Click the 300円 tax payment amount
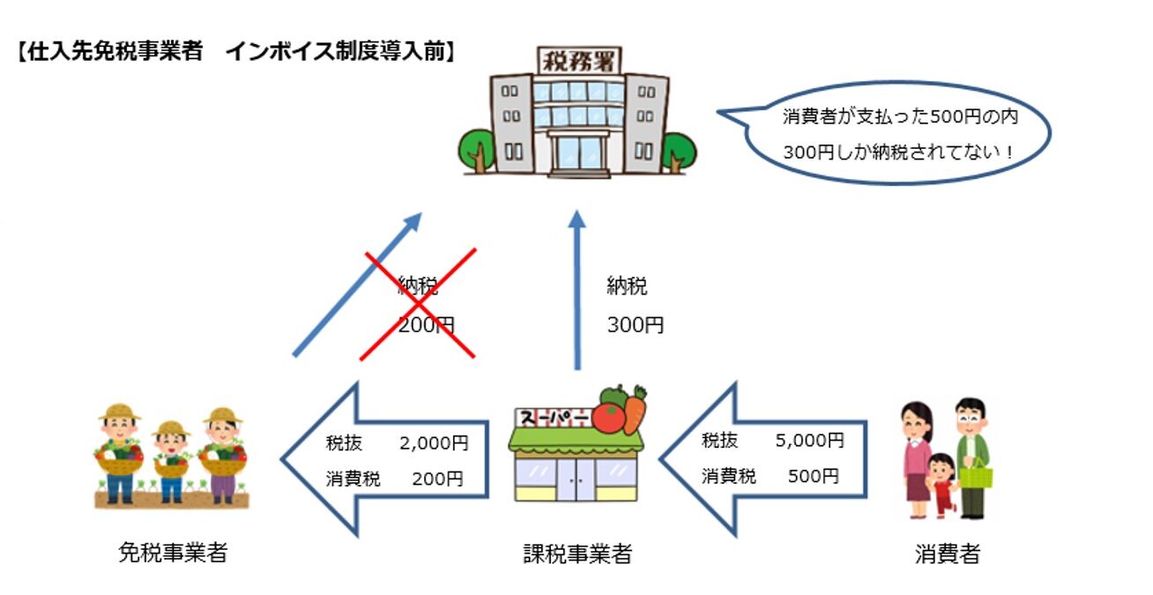635,325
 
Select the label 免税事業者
173,553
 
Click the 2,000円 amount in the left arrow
434,443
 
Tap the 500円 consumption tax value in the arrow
813,477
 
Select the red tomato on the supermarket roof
608,416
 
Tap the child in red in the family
942,486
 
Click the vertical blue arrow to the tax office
576,291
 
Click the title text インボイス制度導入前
339,51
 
